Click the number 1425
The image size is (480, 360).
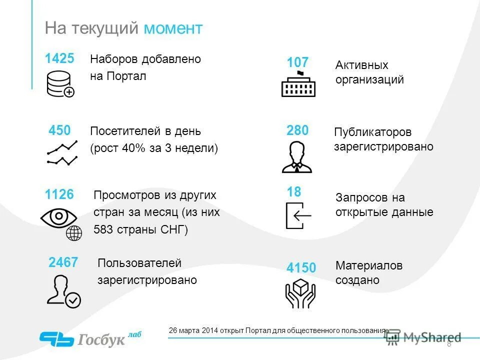tap(59, 58)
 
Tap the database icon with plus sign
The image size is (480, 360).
tap(60, 83)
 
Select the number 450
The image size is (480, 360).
tap(59, 131)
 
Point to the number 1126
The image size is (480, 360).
tap(59, 195)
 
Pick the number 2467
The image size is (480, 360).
tap(63, 262)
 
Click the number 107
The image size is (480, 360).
tap(297, 63)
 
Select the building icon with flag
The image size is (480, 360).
tap(298, 84)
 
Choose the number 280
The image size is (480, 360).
tap(297, 131)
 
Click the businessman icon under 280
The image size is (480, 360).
tap(296, 157)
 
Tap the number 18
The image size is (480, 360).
tap(294, 192)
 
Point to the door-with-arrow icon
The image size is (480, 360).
tap(298, 215)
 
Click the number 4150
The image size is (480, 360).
tap(301, 268)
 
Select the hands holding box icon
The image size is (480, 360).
tap(300, 292)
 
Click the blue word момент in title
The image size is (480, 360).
tap(173, 28)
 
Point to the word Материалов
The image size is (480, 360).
tap(369, 265)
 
